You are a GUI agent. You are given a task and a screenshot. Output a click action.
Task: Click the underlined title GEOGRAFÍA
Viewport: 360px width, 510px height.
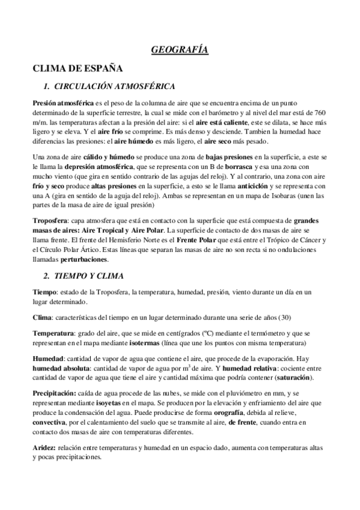click(x=179, y=51)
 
